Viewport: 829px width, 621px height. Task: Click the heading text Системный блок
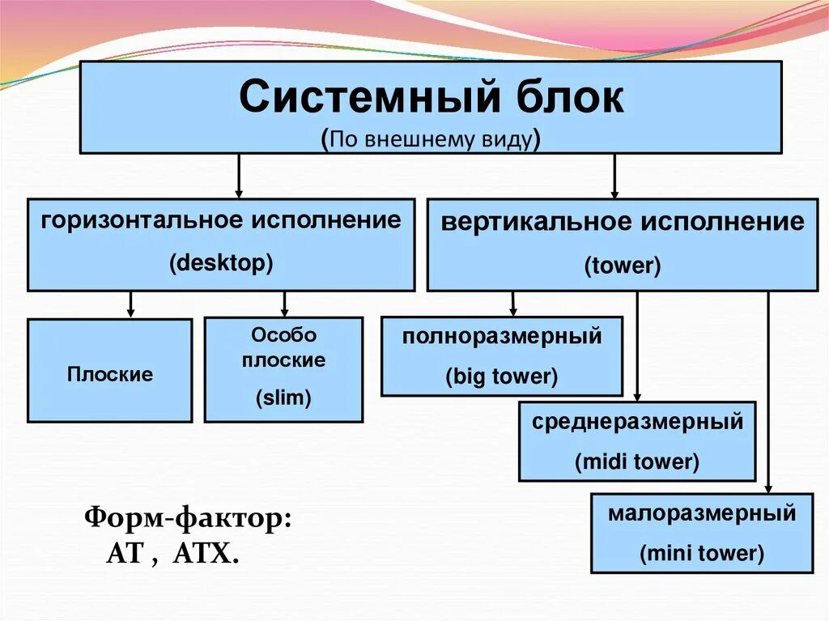(431, 97)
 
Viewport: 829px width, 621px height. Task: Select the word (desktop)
(221, 263)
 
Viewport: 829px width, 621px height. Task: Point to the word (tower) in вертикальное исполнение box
(623, 266)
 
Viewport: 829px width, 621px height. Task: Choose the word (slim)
(283, 398)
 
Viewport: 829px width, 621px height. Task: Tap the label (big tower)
(502, 376)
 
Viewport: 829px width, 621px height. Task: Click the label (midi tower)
(636, 462)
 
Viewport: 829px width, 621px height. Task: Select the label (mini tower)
(702, 554)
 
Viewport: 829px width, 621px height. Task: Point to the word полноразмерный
(502, 336)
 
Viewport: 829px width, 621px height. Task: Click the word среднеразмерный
(637, 422)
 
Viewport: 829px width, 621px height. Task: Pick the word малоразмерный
(702, 513)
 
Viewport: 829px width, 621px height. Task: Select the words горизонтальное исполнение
(221, 220)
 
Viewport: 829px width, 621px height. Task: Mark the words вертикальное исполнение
(623, 222)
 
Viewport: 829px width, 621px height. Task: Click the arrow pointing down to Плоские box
(130, 304)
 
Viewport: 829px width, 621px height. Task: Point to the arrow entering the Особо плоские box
(284, 304)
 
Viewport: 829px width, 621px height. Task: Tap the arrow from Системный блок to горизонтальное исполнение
(238, 176)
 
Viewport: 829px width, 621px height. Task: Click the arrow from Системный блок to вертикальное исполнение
(614, 176)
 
